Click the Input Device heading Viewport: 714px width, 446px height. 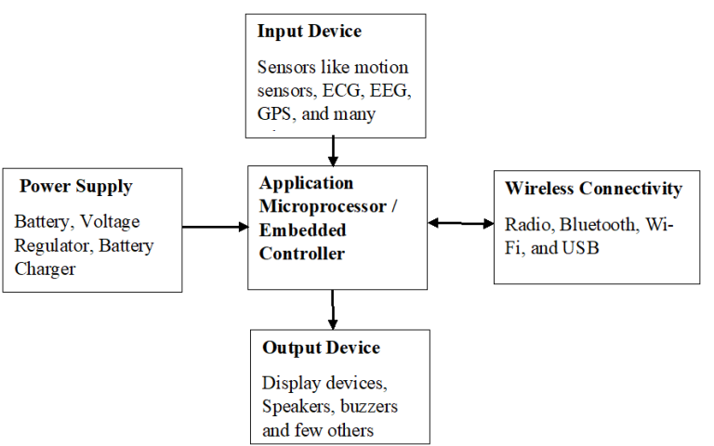point(309,32)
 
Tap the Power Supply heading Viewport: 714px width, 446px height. point(76,186)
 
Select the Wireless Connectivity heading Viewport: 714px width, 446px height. point(593,189)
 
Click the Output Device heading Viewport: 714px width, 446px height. point(321,348)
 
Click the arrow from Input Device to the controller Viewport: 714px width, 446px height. point(332,149)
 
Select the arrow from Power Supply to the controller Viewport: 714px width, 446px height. point(214,226)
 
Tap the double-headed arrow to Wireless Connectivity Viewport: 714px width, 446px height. point(461,223)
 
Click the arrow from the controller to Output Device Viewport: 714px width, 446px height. point(332,308)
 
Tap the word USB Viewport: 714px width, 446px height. point(582,248)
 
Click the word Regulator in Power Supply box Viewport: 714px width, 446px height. point(49,246)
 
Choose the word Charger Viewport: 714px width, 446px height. point(45,269)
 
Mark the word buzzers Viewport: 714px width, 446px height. point(369,406)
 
